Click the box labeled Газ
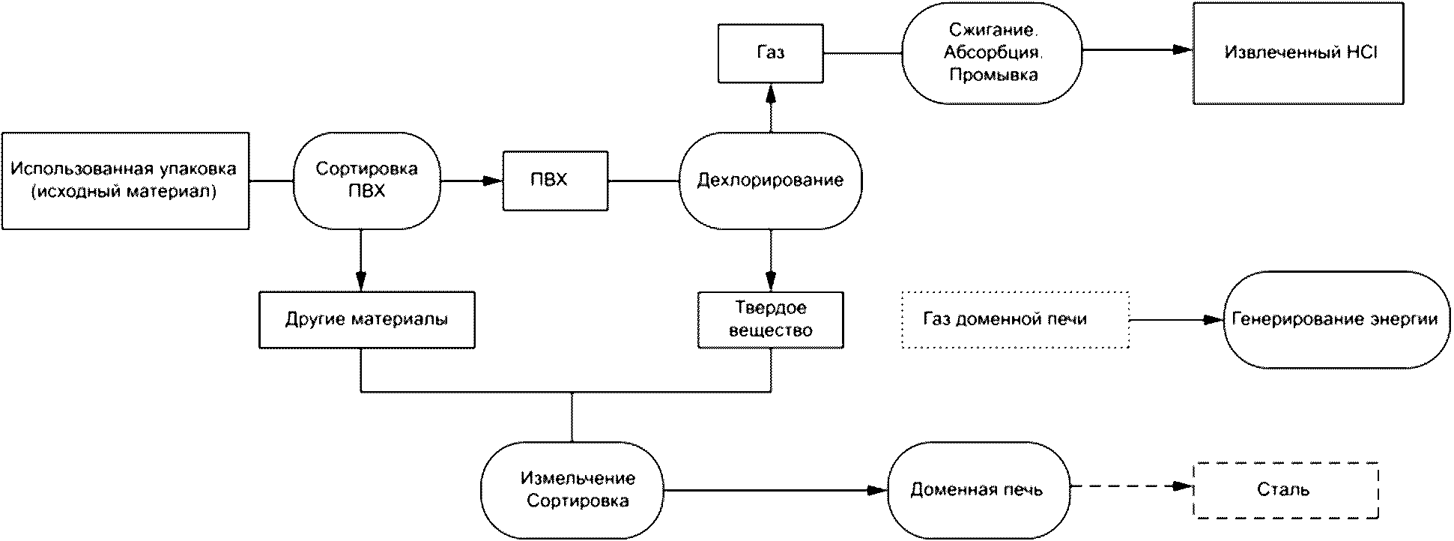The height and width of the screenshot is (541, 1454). click(x=770, y=53)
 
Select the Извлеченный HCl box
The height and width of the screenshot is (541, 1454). click(x=1298, y=53)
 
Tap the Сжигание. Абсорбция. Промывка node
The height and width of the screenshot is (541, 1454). click(x=992, y=53)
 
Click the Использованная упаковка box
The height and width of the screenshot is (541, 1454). click(x=125, y=181)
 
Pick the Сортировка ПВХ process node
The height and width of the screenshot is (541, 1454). click(x=366, y=181)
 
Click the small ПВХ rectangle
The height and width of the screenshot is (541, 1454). click(x=555, y=181)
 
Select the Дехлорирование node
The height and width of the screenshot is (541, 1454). click(x=770, y=181)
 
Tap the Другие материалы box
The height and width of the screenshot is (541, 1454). click(x=366, y=320)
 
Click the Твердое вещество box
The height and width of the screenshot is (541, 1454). click(x=770, y=320)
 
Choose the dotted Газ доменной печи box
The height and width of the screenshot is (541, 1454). click(x=1015, y=320)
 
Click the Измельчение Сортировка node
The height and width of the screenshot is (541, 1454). click(x=572, y=490)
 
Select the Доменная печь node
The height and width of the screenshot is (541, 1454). click(x=978, y=490)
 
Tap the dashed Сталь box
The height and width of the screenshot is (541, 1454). click(x=1285, y=490)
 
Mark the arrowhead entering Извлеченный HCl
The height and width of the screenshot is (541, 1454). click(x=1184, y=50)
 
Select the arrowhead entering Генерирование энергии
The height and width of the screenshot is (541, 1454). click(x=1214, y=320)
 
